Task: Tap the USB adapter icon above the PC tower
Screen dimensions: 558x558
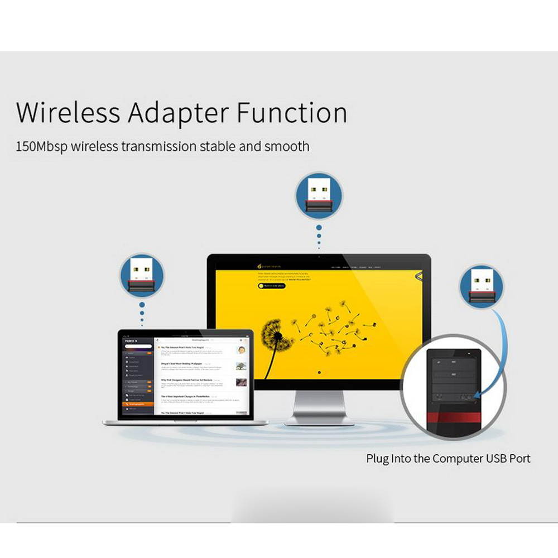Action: (x=481, y=286)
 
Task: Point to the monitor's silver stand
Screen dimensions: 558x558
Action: (x=319, y=407)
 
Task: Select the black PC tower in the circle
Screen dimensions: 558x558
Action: (x=453, y=385)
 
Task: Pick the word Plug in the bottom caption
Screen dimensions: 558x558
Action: (x=377, y=459)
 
